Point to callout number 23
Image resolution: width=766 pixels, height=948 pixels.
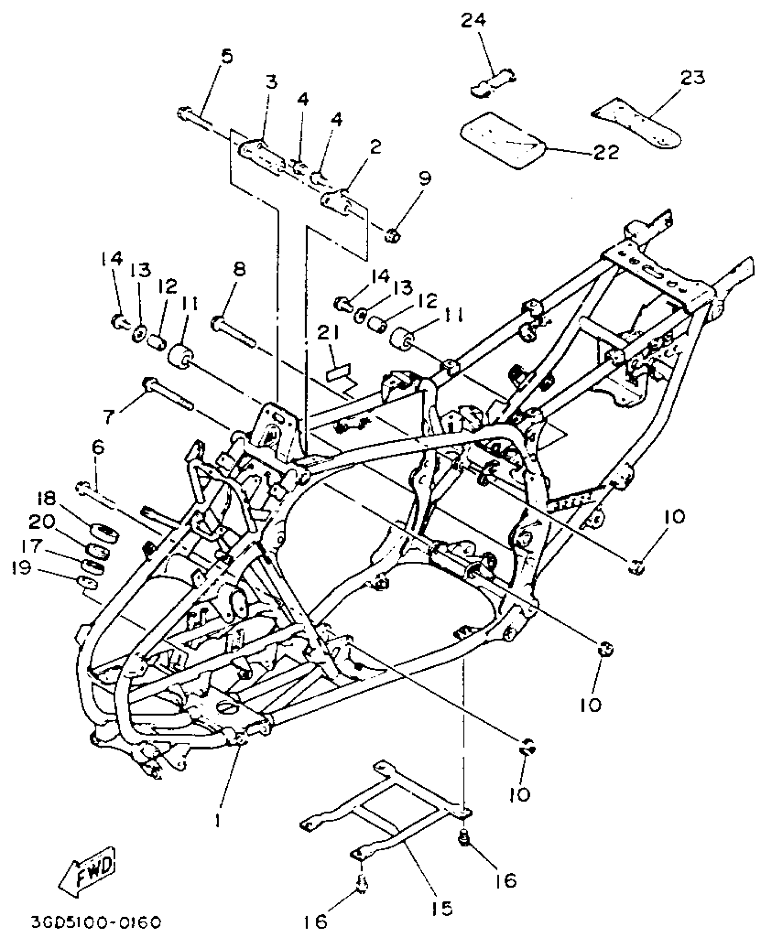693,78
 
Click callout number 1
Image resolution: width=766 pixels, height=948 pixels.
218,820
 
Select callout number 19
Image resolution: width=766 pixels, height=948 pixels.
23,568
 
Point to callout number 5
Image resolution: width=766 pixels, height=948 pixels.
227,57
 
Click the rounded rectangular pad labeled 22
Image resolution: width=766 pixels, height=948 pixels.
502,140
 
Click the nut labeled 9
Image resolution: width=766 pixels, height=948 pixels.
392,235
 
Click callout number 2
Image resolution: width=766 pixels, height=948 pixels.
375,147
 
